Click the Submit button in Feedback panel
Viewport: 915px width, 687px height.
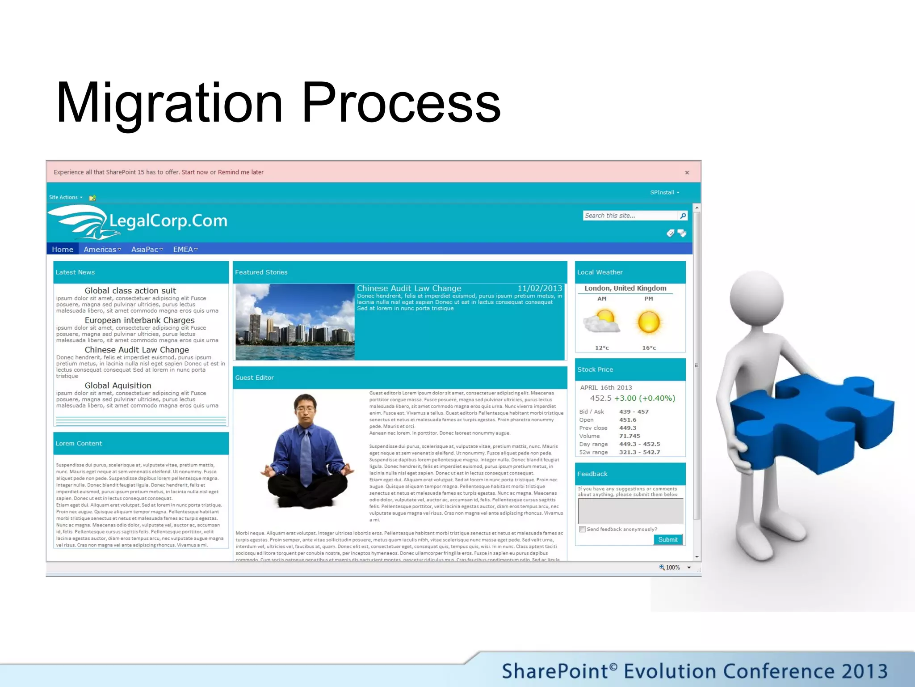pyautogui.click(x=667, y=539)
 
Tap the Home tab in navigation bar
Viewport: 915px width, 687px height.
pyautogui.click(x=62, y=250)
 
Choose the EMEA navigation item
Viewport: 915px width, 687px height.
pyautogui.click(x=185, y=250)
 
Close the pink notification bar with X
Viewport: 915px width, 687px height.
pyautogui.click(x=687, y=173)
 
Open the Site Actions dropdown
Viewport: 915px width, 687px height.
pyautogui.click(x=65, y=197)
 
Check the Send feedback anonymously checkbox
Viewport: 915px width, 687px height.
pyautogui.click(x=582, y=529)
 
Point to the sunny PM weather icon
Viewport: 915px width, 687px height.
pyautogui.click(x=649, y=322)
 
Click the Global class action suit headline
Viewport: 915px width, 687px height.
pyautogui.click(x=130, y=291)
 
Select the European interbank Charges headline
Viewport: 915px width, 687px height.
pyautogui.click(x=139, y=320)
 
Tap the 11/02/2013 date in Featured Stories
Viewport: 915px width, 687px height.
pyautogui.click(x=539, y=288)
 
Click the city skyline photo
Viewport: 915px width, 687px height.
pyautogui.click(x=295, y=322)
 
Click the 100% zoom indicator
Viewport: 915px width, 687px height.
pyautogui.click(x=672, y=568)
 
